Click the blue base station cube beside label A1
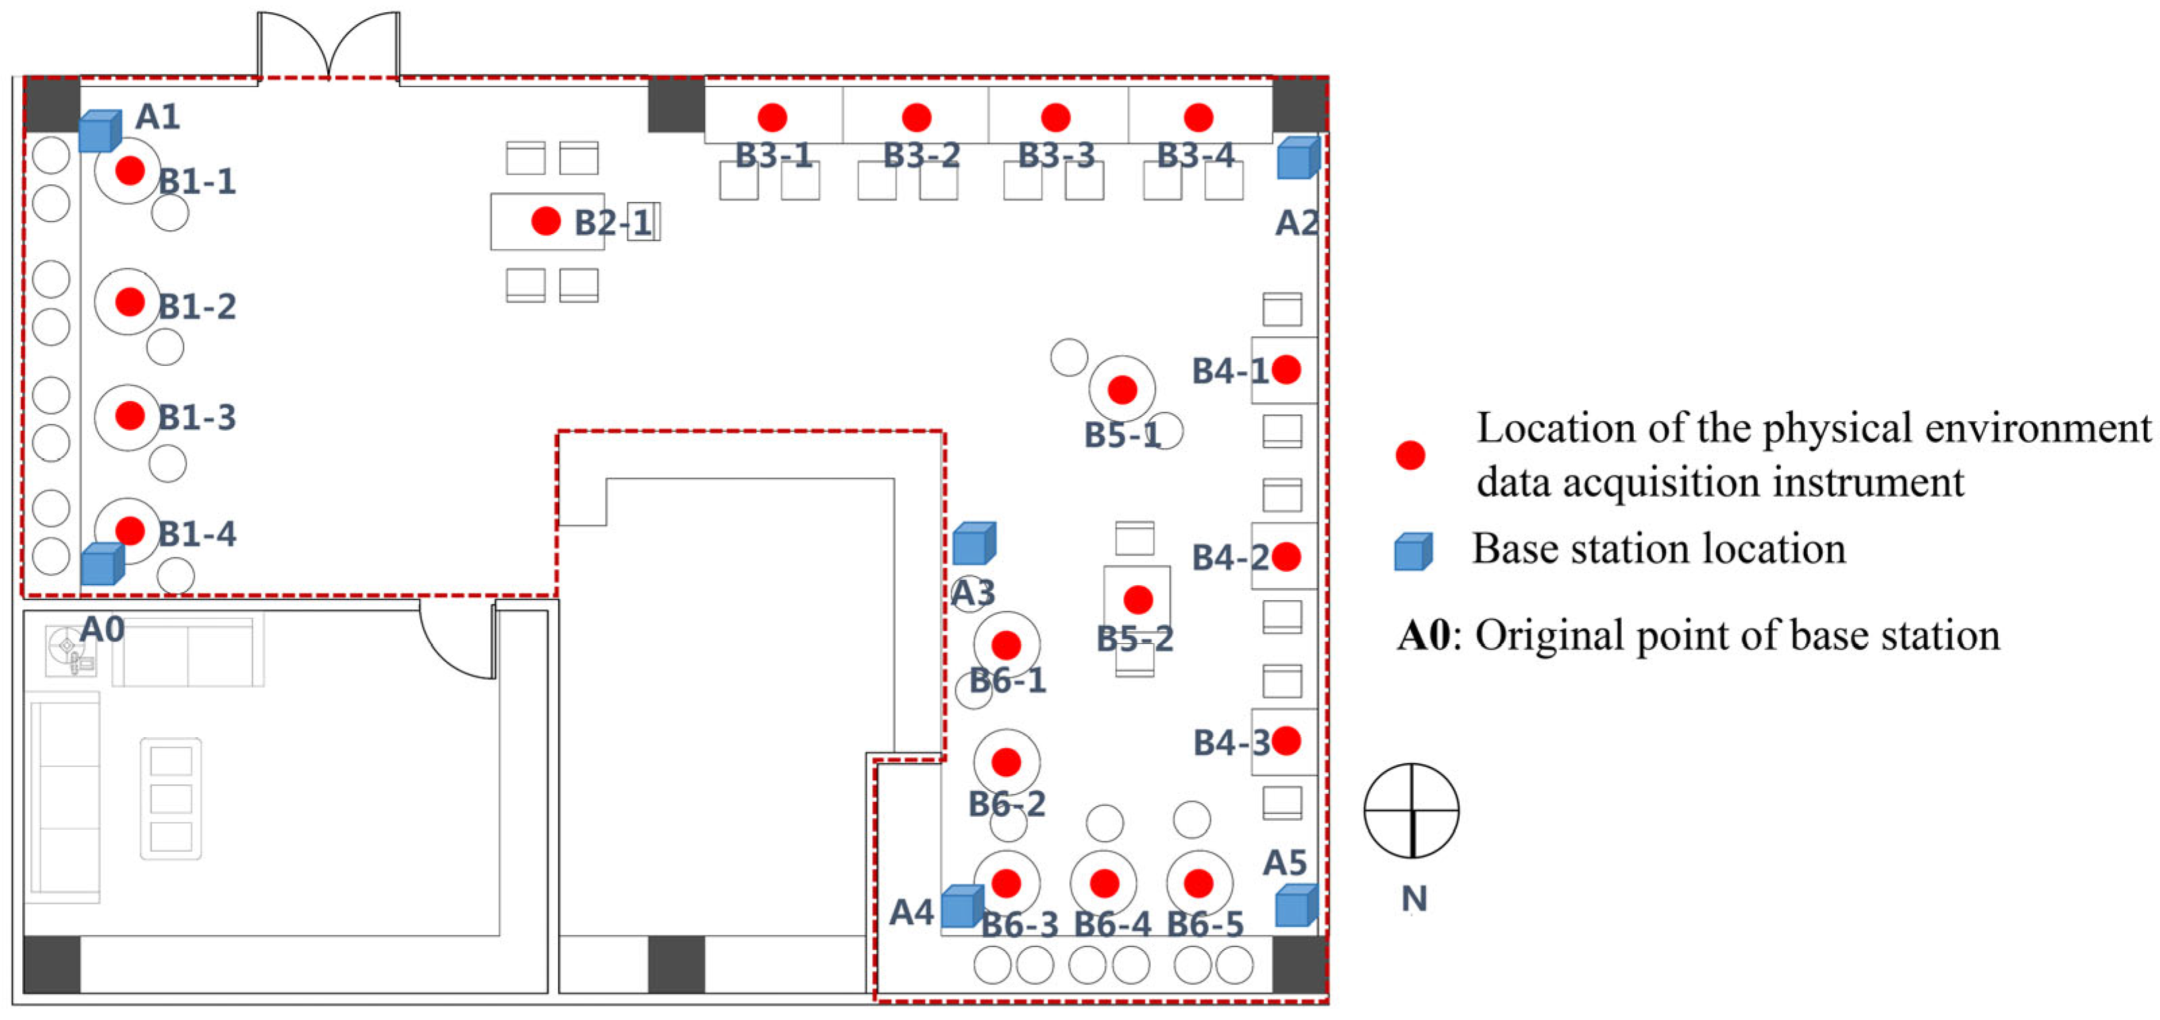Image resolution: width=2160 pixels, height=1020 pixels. pyautogui.click(x=100, y=132)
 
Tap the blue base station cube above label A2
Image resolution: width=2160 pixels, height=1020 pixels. pyautogui.click(x=1297, y=159)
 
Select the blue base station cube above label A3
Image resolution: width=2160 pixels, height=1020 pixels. pyautogui.click(x=973, y=543)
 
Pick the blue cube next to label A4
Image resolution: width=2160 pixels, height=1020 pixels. pyautogui.click(x=961, y=907)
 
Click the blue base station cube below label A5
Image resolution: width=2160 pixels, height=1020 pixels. pyautogui.click(x=1295, y=906)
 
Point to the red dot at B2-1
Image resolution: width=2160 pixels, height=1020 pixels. pyautogui.click(x=546, y=221)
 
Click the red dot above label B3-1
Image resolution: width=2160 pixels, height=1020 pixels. pyautogui.click(x=772, y=117)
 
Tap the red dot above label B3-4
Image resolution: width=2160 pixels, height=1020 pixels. pyautogui.click(x=1198, y=117)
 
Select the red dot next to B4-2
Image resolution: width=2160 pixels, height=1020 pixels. pyautogui.click(x=1286, y=557)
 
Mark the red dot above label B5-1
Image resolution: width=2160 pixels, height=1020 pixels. pyautogui.click(x=1122, y=390)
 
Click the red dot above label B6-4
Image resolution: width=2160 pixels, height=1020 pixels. pyautogui.click(x=1104, y=883)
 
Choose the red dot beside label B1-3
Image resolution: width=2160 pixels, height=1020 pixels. pyautogui.click(x=130, y=415)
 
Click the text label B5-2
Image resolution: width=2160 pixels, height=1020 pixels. pyautogui.click(x=1135, y=639)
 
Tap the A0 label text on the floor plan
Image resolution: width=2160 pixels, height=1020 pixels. pyautogui.click(x=103, y=629)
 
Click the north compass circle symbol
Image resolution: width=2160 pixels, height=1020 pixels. pyautogui.click(x=1411, y=810)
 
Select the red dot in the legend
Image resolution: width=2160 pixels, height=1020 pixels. pyautogui.click(x=1411, y=456)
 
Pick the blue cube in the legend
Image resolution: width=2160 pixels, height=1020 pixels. pyautogui.click(x=1413, y=552)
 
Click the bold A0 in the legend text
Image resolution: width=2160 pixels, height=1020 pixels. pyautogui.click(x=1423, y=636)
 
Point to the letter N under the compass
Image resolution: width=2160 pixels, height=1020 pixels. pyautogui.click(x=1414, y=899)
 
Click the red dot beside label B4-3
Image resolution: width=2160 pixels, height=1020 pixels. pyautogui.click(x=1286, y=741)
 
